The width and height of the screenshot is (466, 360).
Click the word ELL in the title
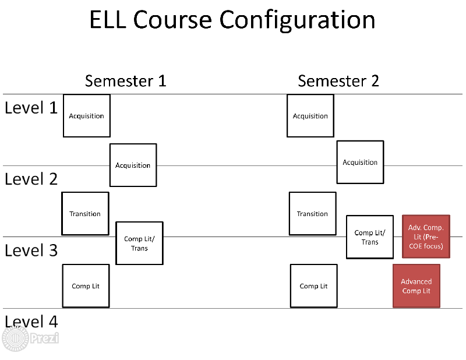point(108,20)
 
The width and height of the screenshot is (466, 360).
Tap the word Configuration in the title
point(297,20)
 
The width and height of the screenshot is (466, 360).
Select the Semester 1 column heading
point(125,81)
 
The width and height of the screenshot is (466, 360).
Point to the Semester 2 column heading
point(338,81)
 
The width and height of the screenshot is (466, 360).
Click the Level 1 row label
point(31,108)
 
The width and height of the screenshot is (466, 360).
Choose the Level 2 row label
point(31,179)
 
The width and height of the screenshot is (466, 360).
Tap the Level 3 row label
point(31,250)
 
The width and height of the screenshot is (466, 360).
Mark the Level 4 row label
point(31,322)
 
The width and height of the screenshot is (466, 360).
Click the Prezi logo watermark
point(30,338)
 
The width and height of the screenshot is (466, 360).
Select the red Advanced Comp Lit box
point(416,286)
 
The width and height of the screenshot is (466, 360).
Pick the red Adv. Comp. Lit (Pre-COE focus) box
point(426,237)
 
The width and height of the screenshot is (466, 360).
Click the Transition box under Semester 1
point(85,214)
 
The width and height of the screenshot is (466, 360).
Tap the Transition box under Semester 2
point(313,214)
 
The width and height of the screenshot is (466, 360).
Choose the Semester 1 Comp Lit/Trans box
point(139,243)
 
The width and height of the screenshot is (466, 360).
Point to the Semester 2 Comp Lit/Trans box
point(370,237)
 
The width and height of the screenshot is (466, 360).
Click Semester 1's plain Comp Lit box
point(86,286)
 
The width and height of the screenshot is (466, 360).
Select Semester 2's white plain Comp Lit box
point(314,286)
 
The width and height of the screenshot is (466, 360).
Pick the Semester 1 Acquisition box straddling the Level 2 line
point(133,165)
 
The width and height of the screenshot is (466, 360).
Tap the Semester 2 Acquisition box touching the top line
point(310,116)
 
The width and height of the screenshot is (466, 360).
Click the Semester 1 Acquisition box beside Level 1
point(87,116)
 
